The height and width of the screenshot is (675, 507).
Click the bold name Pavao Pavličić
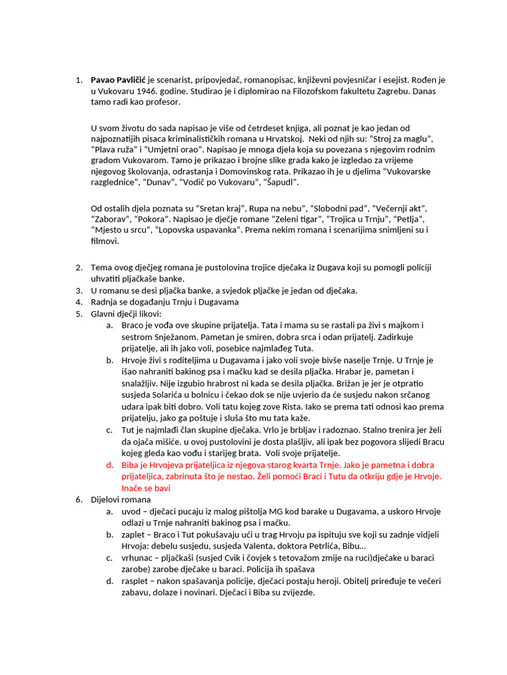pyautogui.click(x=118, y=80)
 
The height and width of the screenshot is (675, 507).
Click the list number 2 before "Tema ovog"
pyautogui.click(x=79, y=267)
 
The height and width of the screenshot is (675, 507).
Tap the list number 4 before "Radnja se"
pyautogui.click(x=79, y=302)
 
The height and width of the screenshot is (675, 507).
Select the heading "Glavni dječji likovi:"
pyautogui.click(x=126, y=313)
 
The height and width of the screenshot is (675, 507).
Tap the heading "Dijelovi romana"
pyautogui.click(x=121, y=500)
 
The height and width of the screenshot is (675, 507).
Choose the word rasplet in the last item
pyautogui.click(x=138, y=581)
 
